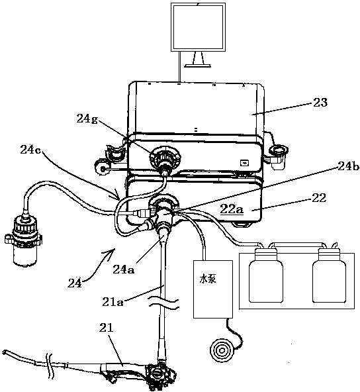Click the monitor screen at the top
tap(198, 27)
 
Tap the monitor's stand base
tap(198, 66)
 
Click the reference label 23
tap(320, 102)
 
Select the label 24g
tap(87, 119)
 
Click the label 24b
tap(349, 166)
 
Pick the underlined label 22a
tap(232, 209)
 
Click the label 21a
tap(113, 302)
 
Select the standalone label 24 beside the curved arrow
tap(74, 283)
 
